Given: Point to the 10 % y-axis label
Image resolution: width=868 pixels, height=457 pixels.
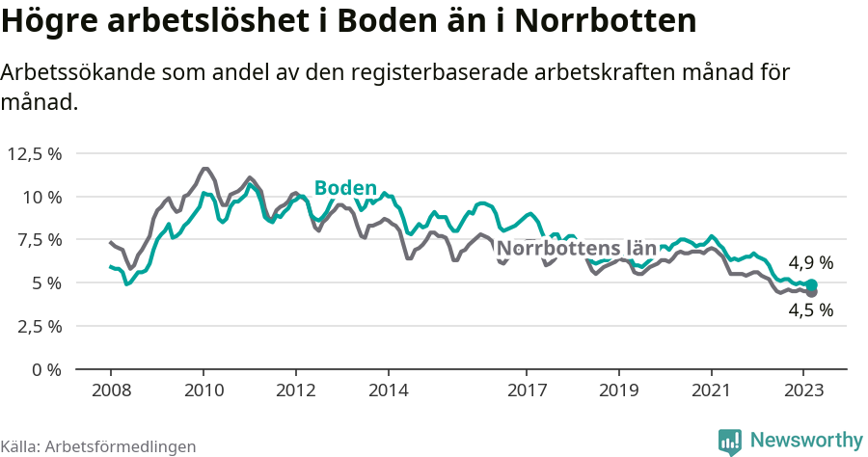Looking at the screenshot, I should pos(41,197).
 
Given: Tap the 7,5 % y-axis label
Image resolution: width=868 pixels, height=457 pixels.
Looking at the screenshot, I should pos(38,240).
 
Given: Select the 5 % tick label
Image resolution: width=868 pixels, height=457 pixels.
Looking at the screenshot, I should pos(46,283).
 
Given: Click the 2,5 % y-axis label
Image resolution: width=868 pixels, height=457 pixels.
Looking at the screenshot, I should pos(38,326).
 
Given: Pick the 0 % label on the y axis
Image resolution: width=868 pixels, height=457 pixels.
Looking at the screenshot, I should pos(46,369).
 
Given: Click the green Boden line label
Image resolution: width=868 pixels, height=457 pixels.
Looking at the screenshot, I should pos(345,188).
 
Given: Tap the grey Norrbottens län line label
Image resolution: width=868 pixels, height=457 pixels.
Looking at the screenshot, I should pos(576,248).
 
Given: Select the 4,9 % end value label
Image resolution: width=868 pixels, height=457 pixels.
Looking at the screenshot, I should pos(810,262).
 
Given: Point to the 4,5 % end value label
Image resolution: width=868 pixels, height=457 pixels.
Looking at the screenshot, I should pos(810,310).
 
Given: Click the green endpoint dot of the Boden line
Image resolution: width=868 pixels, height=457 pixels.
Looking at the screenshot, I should pos(812,285).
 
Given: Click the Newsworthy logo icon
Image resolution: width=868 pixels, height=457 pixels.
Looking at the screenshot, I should pos(730,441).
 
